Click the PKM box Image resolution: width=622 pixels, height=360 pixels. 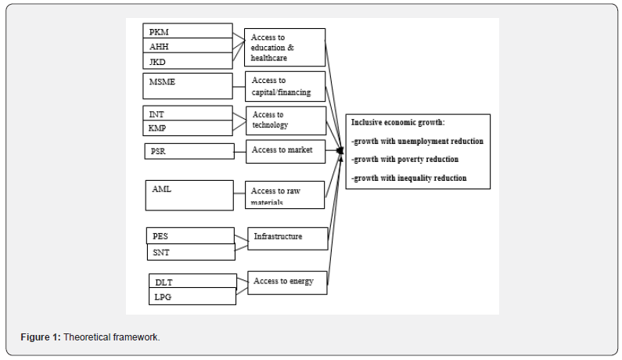tap(188, 32)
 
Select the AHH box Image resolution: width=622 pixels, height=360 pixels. tap(188, 46)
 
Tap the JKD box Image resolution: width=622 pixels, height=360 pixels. tap(188, 61)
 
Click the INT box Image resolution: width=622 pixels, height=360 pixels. tap(188, 113)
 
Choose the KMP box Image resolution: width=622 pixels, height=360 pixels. tap(188, 128)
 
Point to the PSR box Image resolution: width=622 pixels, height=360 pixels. tap(189, 151)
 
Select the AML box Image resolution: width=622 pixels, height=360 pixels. tap(189, 195)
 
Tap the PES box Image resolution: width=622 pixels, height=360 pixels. tap(190, 236)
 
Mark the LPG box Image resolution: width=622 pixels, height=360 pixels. tap(192, 297)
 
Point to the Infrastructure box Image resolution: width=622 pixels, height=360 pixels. tap(287, 237)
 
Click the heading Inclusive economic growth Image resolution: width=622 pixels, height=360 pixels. tap(397, 123)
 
